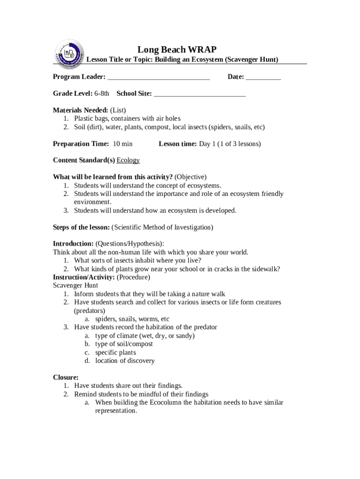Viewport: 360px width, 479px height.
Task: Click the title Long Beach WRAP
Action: click(177, 50)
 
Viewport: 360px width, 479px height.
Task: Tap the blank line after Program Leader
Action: click(158, 77)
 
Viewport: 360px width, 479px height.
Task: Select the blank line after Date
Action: click(263, 77)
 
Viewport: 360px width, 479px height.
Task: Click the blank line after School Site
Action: click(200, 94)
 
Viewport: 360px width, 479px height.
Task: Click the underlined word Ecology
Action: click(128, 160)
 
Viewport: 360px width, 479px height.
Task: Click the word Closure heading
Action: click(65, 377)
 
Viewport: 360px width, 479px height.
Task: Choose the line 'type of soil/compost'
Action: click(124, 344)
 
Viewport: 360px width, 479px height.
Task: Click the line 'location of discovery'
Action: click(125, 361)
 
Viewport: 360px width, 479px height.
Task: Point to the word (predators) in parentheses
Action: click(89, 311)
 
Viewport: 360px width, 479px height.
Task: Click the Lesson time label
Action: click(178, 144)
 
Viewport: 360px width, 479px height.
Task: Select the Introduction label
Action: click(73, 244)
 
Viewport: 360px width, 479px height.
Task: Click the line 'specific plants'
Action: click(115, 352)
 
